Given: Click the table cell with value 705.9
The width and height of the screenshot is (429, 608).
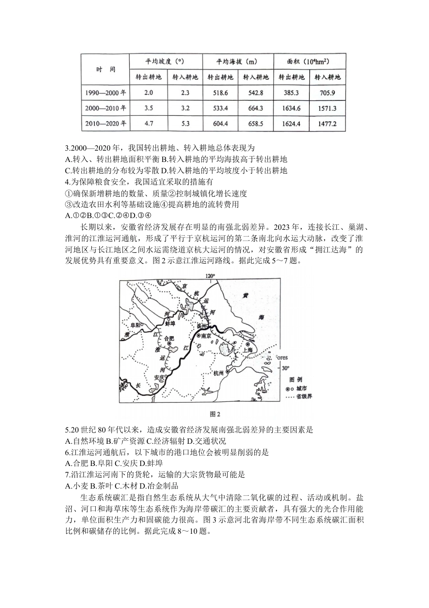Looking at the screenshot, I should point(327,93).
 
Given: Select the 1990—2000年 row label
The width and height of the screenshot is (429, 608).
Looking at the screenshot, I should point(106,93).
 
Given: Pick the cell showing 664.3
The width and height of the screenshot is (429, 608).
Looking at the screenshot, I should point(256,108).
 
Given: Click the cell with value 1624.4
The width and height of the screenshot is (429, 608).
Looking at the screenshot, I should point(292,123).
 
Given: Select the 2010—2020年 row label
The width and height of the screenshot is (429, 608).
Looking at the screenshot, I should point(106,123).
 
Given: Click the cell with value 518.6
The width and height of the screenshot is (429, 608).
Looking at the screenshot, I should point(220,93).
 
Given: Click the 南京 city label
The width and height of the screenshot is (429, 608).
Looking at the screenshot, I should point(207,336).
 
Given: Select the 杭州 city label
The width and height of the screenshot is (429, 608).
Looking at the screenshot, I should point(219,373).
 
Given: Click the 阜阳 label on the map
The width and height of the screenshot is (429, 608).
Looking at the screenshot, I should point(135,325).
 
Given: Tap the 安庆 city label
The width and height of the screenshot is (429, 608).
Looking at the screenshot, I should point(158,376).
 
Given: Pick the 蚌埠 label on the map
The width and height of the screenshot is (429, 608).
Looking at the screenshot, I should point(170,323).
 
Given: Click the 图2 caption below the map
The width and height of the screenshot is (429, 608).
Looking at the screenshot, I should point(215,413).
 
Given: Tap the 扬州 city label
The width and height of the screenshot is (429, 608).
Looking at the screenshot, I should point(202,326).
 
